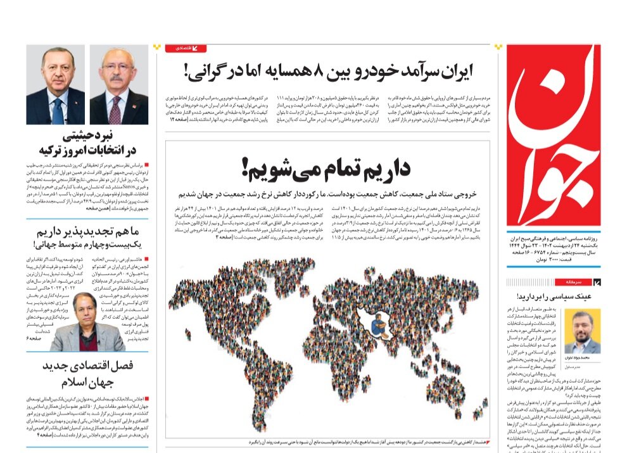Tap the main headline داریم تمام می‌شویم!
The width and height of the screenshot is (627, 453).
click(327, 169)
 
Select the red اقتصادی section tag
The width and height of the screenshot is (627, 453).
click(186, 48)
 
